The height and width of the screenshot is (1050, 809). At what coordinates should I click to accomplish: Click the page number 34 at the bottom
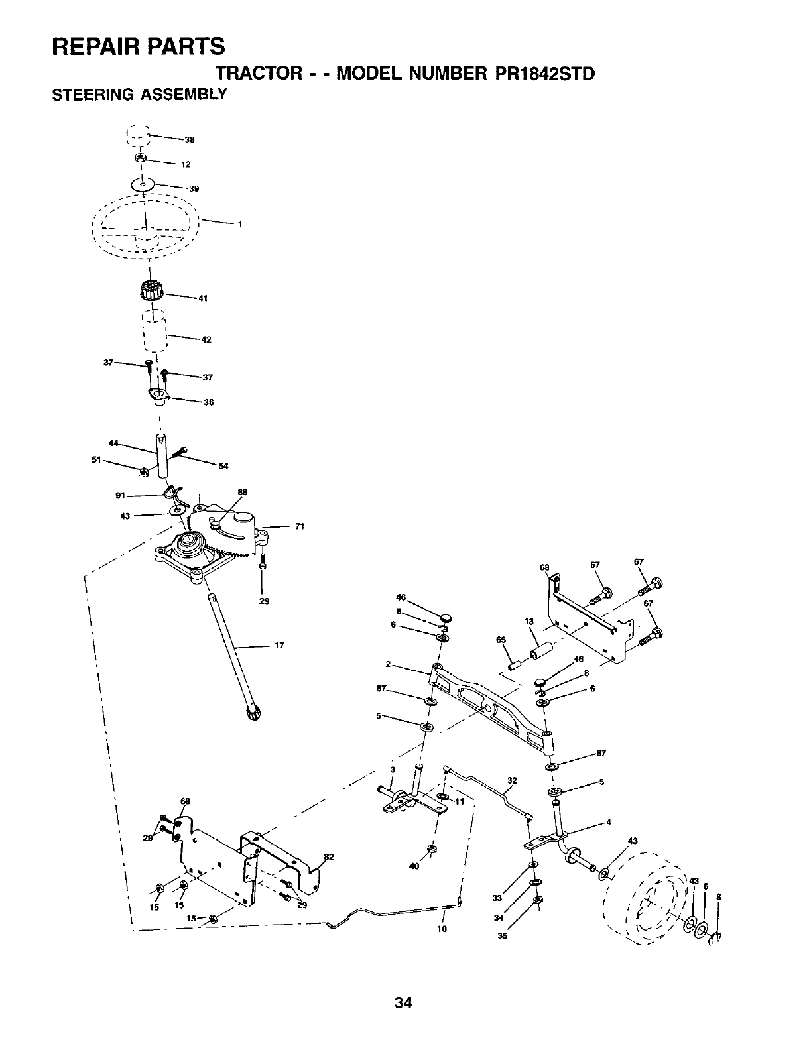pyautogui.click(x=403, y=1003)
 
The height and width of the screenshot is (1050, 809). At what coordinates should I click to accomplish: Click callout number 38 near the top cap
pyautogui.click(x=189, y=140)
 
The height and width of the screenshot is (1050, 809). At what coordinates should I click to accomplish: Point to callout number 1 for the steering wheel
pyautogui.click(x=240, y=224)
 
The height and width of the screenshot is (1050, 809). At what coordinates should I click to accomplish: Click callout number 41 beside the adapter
pyautogui.click(x=204, y=298)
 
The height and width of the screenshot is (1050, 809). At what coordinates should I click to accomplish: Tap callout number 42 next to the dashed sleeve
pyautogui.click(x=206, y=340)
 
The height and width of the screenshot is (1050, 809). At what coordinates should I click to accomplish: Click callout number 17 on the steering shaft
pyautogui.click(x=279, y=646)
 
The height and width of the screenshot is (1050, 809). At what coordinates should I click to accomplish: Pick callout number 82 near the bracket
pyautogui.click(x=328, y=856)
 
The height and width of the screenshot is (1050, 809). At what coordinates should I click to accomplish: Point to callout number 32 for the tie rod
pyautogui.click(x=511, y=780)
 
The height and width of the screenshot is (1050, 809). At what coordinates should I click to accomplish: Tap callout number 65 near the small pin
pyautogui.click(x=501, y=640)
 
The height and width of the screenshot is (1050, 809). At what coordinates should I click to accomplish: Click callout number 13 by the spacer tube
pyautogui.click(x=529, y=621)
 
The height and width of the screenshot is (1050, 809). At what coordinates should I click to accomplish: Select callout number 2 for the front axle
pyautogui.click(x=387, y=664)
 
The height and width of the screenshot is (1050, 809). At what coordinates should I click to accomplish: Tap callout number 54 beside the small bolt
pyautogui.click(x=223, y=466)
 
